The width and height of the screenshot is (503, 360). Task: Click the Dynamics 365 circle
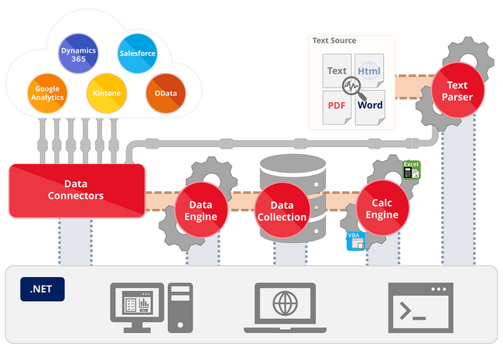(78, 53)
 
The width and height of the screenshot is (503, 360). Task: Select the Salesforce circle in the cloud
(137, 53)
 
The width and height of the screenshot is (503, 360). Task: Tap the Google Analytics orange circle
(47, 94)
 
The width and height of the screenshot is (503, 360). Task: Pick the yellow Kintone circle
(107, 94)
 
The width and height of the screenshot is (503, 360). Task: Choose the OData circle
(166, 94)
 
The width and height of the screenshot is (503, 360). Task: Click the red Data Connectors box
(77, 190)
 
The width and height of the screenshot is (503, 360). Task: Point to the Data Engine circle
(201, 210)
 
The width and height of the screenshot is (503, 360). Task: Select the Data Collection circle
(282, 210)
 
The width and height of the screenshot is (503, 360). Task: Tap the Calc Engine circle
(382, 208)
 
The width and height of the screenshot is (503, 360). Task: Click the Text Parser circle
(457, 91)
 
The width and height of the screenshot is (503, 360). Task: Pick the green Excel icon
(411, 170)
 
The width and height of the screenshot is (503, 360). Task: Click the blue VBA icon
(356, 241)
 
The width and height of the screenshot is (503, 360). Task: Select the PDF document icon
(337, 108)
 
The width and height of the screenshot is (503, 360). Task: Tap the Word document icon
(370, 108)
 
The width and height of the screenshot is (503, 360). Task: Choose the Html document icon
(369, 71)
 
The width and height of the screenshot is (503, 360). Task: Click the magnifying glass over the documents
(354, 88)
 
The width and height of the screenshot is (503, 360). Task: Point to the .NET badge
(43, 289)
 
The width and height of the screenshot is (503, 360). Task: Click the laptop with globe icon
(286, 307)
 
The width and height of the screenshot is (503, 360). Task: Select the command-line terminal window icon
(420, 307)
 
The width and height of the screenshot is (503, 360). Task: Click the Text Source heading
(334, 40)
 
